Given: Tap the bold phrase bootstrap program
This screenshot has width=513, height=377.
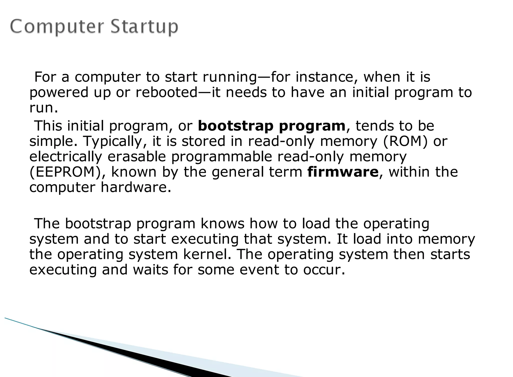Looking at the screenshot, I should pos(272,126).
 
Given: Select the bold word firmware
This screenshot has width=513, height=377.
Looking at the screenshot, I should pos(343,172).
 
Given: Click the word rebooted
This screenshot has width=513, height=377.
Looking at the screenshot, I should pos(167,92).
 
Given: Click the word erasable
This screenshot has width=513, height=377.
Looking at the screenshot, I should pos(137,157).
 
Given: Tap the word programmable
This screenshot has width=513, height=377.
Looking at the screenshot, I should pos(221,157).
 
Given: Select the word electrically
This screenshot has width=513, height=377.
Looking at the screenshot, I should pos(66,157).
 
